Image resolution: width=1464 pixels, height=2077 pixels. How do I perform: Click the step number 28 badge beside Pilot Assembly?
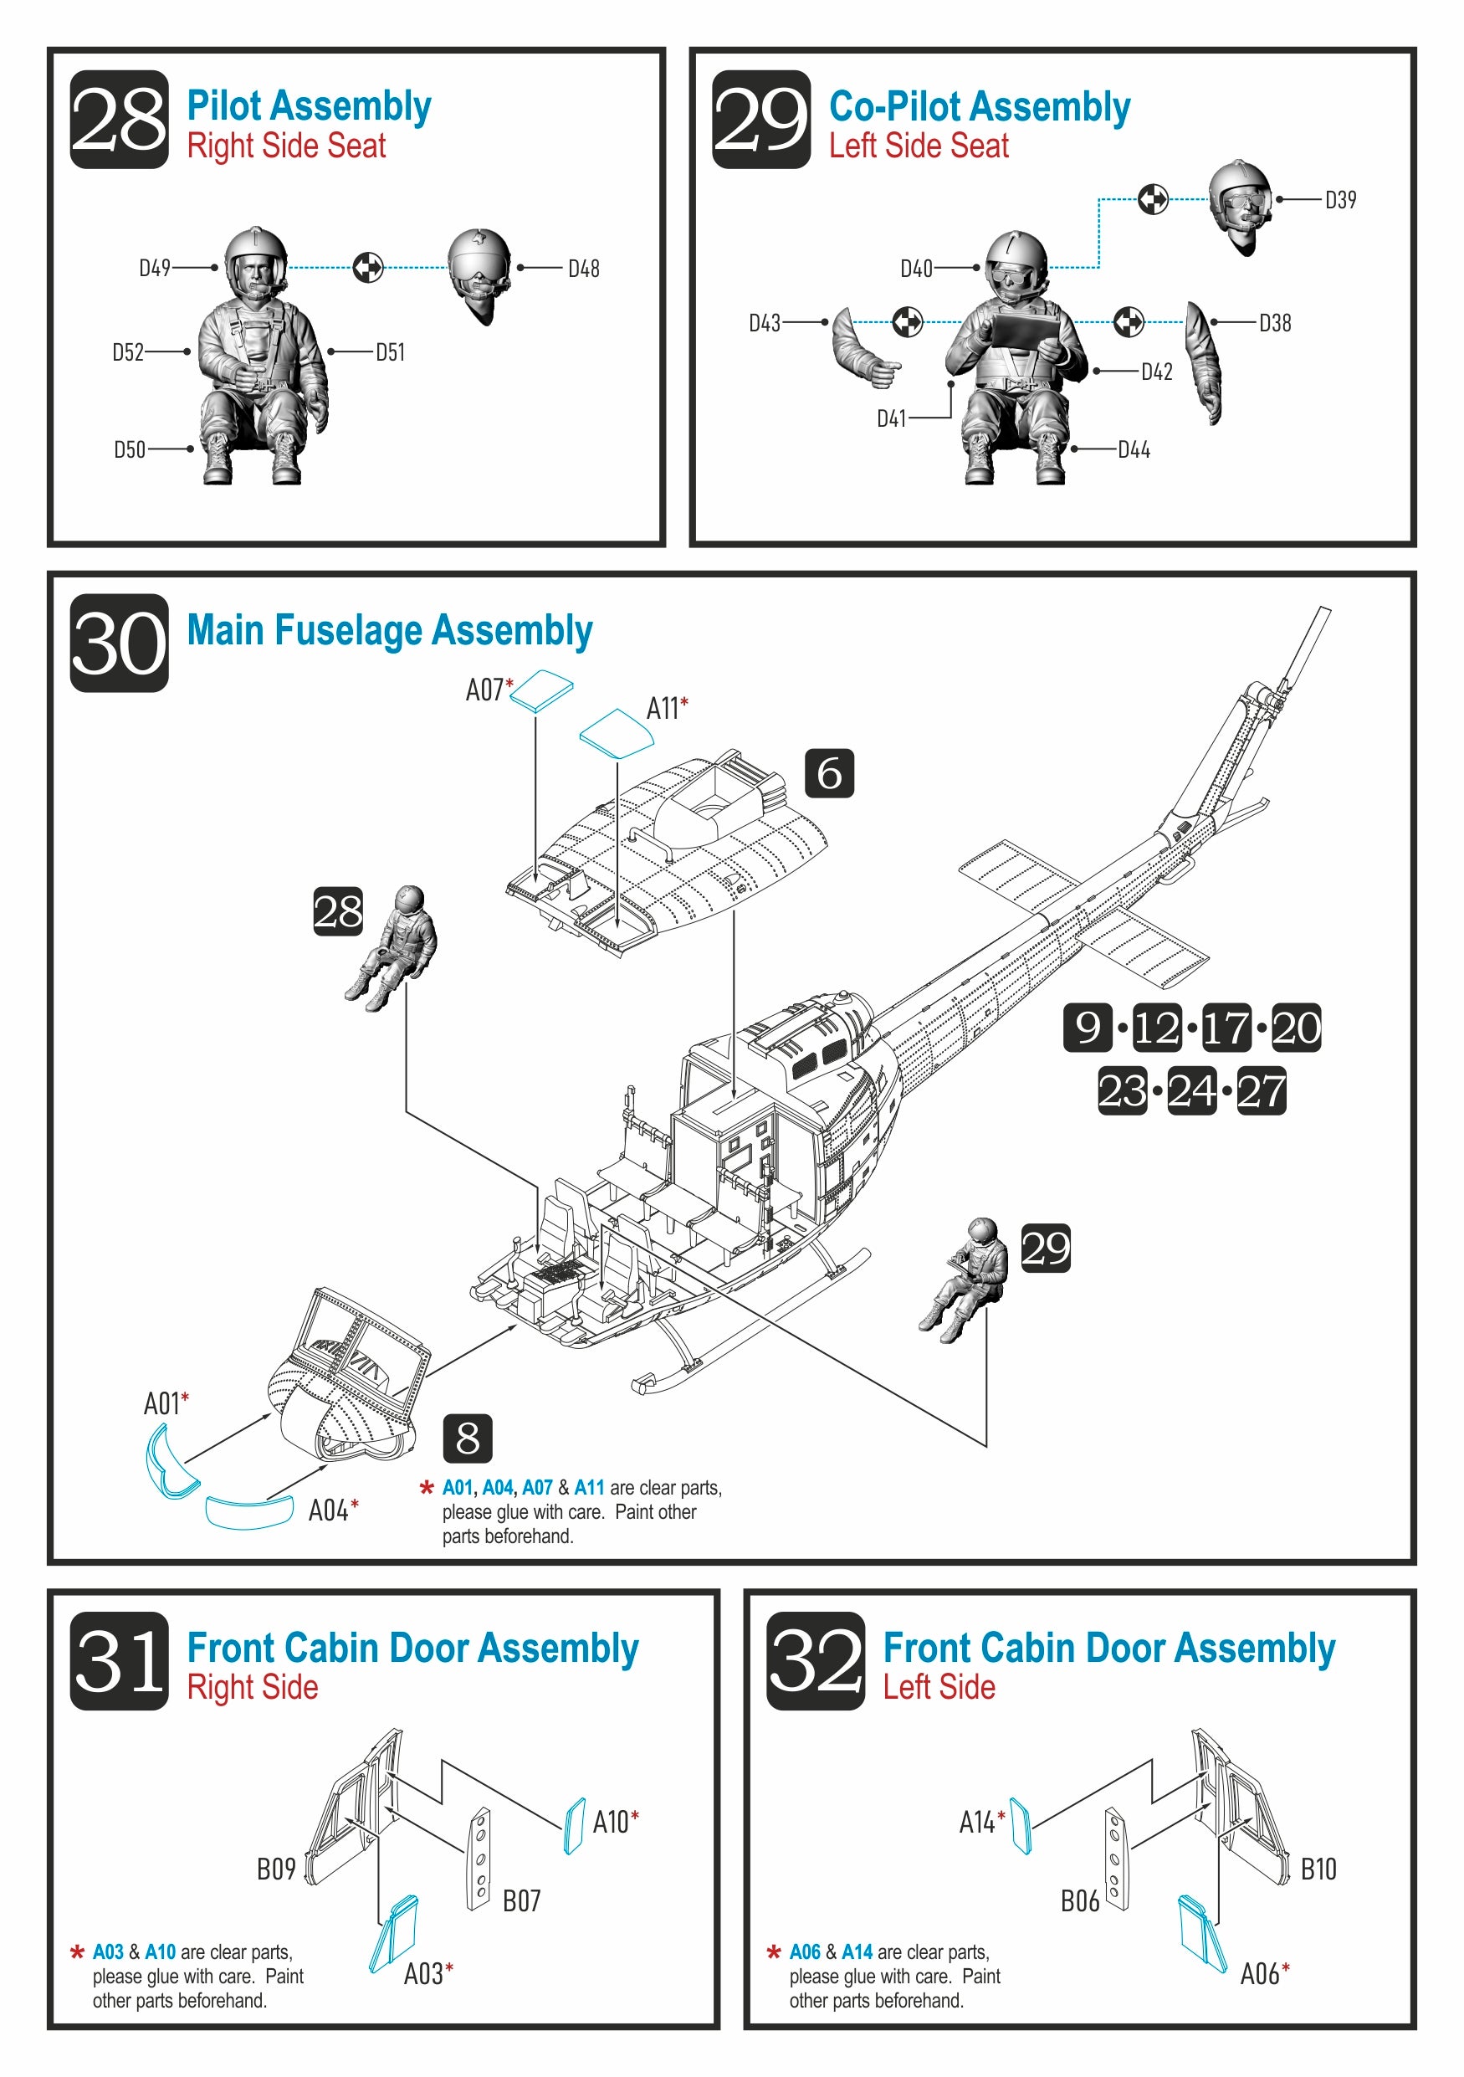click(x=119, y=119)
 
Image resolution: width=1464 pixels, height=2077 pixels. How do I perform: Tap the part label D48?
click(x=582, y=269)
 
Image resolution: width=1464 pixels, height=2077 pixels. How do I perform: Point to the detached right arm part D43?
click(x=863, y=348)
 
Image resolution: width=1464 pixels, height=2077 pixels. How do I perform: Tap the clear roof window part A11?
click(x=616, y=733)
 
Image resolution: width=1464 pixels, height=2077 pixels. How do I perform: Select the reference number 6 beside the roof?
click(x=828, y=773)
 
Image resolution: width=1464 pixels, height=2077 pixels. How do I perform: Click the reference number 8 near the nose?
click(x=467, y=1438)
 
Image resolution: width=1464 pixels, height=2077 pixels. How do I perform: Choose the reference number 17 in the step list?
click(x=1226, y=1028)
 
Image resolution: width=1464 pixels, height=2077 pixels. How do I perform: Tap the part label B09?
click(x=276, y=1869)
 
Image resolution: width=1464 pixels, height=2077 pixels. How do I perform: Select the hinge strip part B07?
click(x=479, y=1859)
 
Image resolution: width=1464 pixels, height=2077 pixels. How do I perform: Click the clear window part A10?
click(x=573, y=1825)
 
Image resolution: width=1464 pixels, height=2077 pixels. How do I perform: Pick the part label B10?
click(x=1318, y=1869)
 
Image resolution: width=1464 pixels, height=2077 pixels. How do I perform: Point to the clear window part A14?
click(x=1020, y=1825)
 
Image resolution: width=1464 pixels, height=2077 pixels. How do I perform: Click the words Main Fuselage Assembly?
click(x=390, y=630)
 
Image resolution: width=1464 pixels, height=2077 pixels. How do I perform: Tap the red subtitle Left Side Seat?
click(x=918, y=146)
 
